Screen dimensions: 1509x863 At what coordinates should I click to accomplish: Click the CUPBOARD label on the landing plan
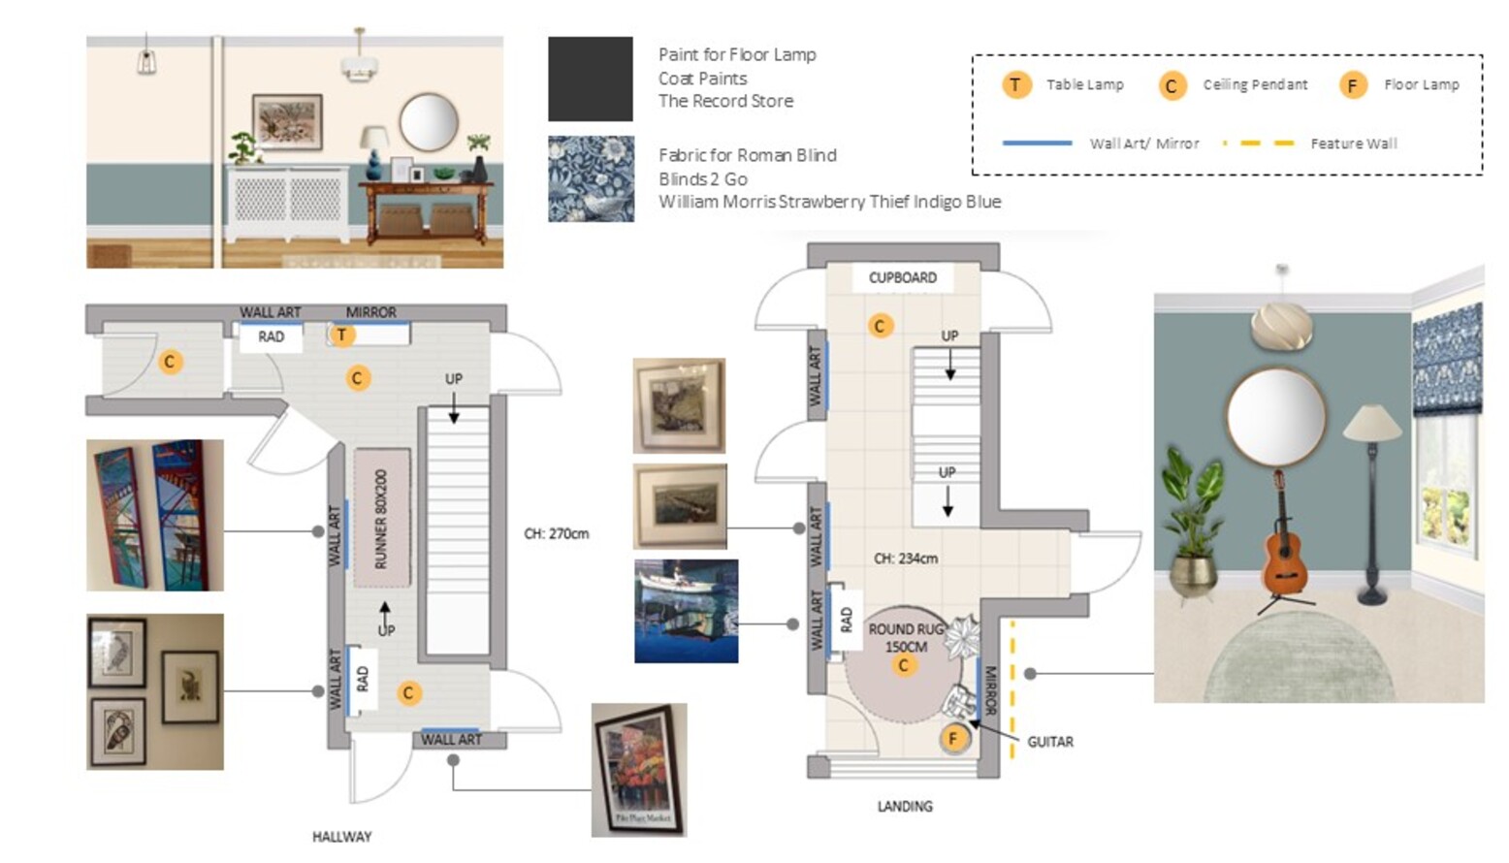click(902, 277)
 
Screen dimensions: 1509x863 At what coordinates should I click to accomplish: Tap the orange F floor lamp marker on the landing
click(952, 739)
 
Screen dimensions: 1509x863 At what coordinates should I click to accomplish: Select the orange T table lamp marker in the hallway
click(341, 335)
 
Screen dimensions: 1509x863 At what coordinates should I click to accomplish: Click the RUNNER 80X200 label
click(380, 518)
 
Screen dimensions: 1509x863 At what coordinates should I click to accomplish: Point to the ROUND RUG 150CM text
click(906, 638)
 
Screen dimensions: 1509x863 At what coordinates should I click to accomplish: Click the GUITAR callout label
click(1050, 742)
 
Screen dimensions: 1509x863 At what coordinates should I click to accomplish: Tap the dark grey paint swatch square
click(591, 79)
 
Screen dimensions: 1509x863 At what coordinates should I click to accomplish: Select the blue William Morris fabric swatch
click(591, 179)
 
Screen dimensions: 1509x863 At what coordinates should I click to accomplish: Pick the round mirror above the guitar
click(1275, 416)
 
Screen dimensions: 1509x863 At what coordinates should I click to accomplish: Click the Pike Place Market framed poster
click(639, 770)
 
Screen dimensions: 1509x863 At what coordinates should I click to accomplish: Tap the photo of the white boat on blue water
click(687, 611)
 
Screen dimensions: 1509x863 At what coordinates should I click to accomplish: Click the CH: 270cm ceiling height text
click(557, 533)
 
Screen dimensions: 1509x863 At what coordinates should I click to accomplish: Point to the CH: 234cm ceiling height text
click(906, 559)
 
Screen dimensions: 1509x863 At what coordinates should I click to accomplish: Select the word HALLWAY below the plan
click(341, 837)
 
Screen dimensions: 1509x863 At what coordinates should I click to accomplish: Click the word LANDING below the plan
click(905, 807)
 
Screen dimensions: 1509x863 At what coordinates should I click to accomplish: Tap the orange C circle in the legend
click(1172, 85)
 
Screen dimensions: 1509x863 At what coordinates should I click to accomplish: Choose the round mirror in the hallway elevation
click(429, 122)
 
